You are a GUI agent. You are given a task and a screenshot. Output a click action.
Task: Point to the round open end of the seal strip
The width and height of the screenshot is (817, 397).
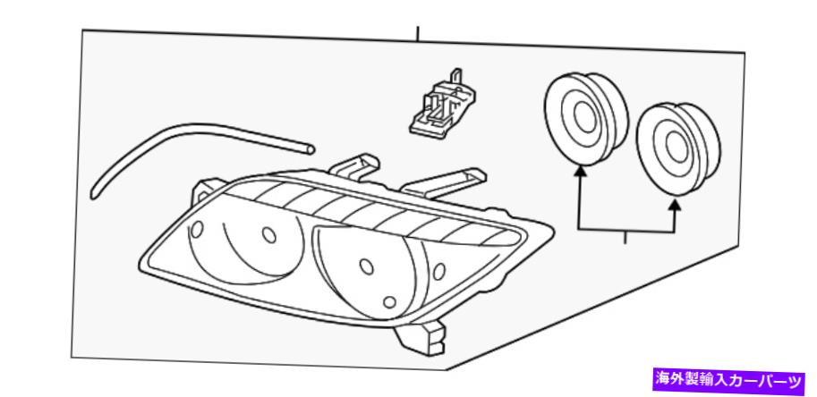point(311,149)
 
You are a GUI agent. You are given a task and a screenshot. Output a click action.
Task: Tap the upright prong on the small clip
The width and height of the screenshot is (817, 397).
point(456,77)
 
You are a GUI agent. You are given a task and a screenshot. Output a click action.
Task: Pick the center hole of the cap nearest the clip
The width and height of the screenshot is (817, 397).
point(583,117)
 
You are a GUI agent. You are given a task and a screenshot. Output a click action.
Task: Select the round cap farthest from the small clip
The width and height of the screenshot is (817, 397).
point(678,148)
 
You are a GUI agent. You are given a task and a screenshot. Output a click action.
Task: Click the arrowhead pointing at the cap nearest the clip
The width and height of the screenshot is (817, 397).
point(579,173)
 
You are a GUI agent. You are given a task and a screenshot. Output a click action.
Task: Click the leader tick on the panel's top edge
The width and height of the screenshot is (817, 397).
point(417,33)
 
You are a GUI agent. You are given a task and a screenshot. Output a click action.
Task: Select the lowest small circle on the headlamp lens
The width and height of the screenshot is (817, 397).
point(389,302)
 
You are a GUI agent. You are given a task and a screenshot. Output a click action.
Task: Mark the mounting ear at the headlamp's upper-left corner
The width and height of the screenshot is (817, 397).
point(209,190)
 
